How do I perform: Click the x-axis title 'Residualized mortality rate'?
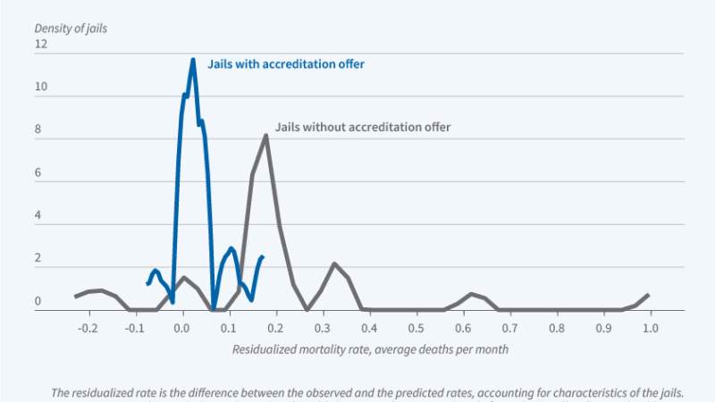point(370,349)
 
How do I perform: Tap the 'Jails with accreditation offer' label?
point(286,64)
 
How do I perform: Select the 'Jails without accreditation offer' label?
point(363,127)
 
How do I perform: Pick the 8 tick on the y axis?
point(39,131)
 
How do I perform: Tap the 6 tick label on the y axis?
point(39,174)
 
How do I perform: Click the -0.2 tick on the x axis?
point(87,328)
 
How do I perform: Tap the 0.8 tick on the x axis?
point(556,328)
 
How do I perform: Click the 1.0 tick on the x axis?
point(649,328)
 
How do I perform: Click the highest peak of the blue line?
point(192,60)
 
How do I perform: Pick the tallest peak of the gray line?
point(265,136)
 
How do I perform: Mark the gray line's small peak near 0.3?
point(334,264)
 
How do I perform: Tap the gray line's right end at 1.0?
point(648,295)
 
